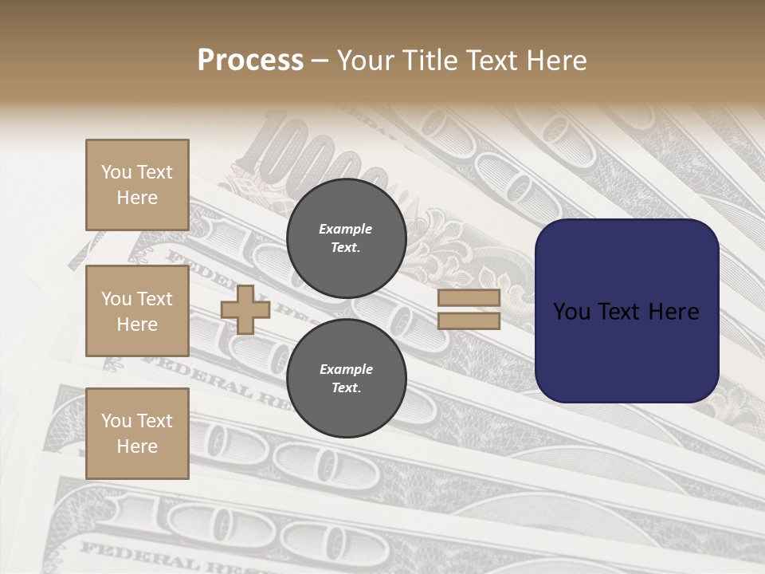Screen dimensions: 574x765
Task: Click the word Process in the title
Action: click(x=250, y=60)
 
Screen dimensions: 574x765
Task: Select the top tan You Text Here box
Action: click(x=137, y=185)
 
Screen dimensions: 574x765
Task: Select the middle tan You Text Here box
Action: click(x=137, y=311)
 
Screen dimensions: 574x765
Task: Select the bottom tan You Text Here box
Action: click(x=137, y=433)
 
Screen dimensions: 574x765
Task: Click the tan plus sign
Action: click(x=245, y=309)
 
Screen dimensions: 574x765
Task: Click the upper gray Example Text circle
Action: click(x=347, y=238)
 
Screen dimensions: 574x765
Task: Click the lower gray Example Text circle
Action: click(x=347, y=379)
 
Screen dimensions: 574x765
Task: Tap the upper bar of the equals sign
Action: click(x=469, y=298)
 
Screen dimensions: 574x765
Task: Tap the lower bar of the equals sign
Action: click(x=469, y=321)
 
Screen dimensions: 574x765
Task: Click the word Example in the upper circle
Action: click(x=346, y=229)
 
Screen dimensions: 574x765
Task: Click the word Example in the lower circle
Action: click(x=346, y=369)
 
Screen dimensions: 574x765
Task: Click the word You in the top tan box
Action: click(x=116, y=172)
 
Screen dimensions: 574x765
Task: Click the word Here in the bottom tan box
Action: click(x=137, y=446)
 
